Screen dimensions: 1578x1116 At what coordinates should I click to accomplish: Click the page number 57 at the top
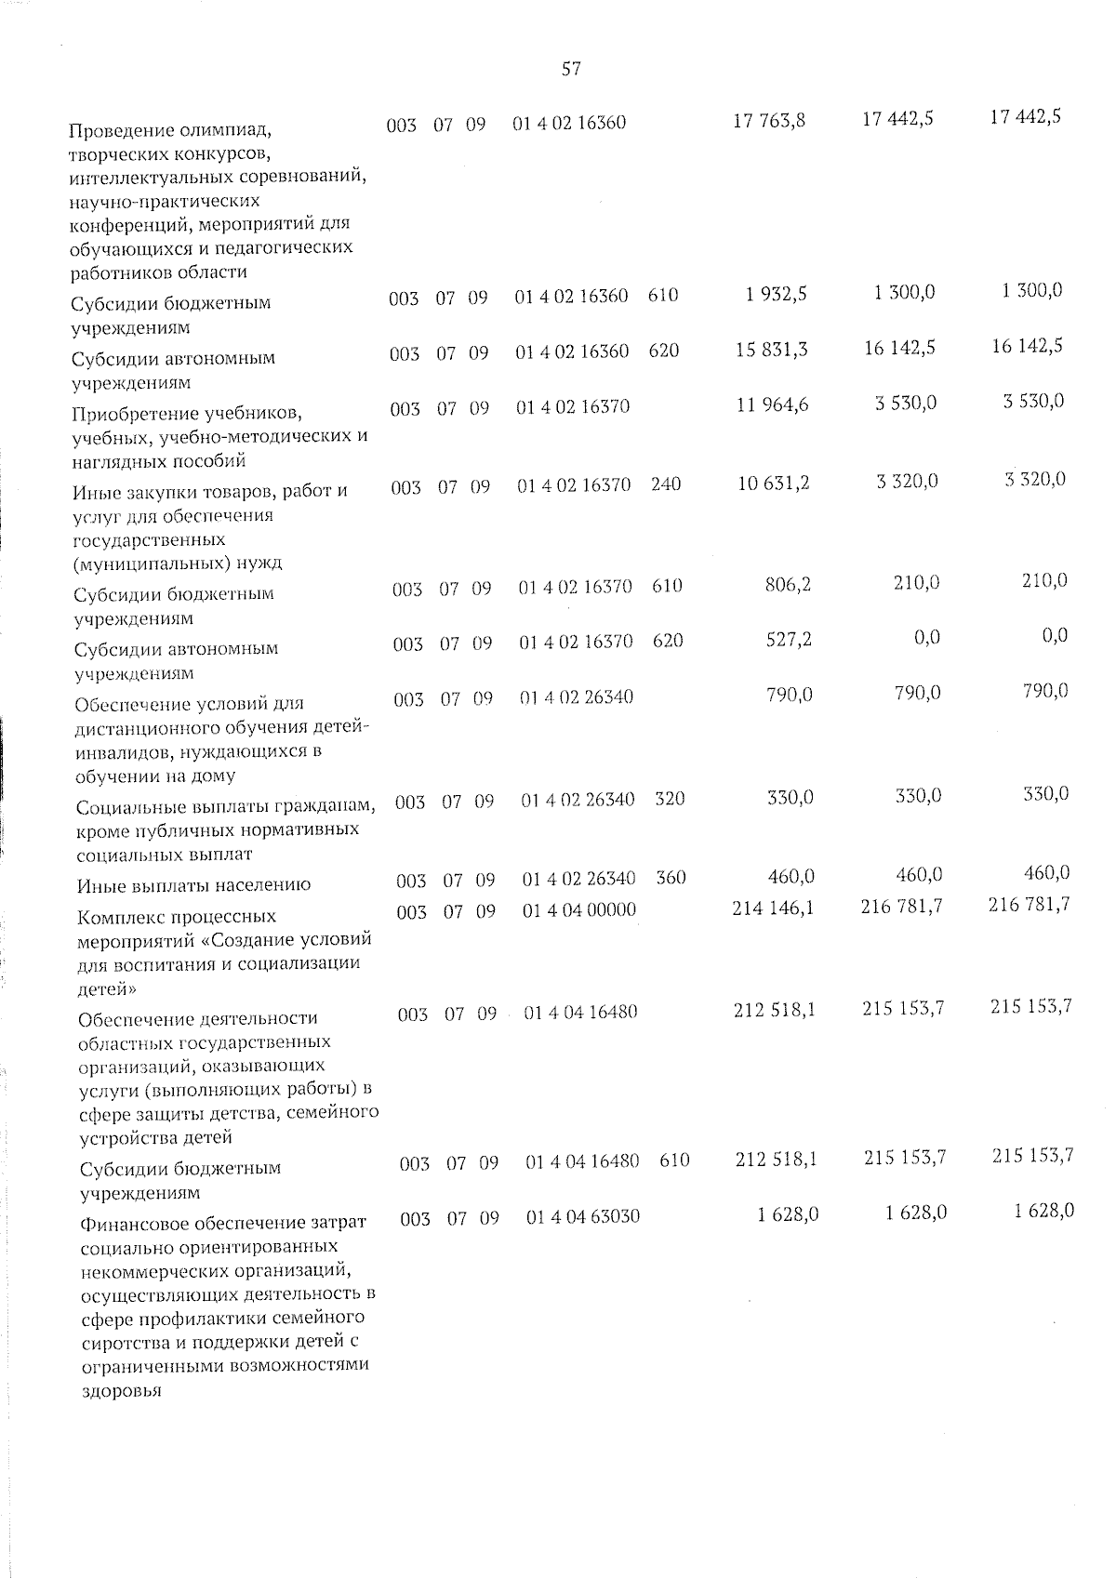(571, 68)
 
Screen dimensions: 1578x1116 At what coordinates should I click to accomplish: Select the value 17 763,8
(769, 120)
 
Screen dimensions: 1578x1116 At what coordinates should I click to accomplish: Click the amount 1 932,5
(776, 294)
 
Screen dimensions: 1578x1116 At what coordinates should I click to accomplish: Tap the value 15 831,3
(771, 350)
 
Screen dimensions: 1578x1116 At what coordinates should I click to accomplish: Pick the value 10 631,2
(773, 484)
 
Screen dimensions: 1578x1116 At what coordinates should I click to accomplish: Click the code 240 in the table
(666, 484)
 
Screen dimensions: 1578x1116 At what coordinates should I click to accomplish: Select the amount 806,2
(788, 586)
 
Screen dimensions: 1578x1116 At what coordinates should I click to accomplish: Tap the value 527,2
(789, 641)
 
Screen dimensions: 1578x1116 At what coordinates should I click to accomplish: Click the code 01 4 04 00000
(579, 910)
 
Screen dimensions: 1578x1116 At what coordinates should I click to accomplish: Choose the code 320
(670, 799)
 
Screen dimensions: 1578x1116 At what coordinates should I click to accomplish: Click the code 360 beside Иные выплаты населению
(671, 878)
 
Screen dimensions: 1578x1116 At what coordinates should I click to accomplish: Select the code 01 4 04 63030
(583, 1216)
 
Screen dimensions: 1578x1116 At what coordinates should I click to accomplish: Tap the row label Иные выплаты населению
(194, 885)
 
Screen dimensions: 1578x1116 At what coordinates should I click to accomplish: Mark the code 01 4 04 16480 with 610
(582, 1161)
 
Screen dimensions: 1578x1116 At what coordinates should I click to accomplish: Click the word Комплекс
(125, 917)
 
